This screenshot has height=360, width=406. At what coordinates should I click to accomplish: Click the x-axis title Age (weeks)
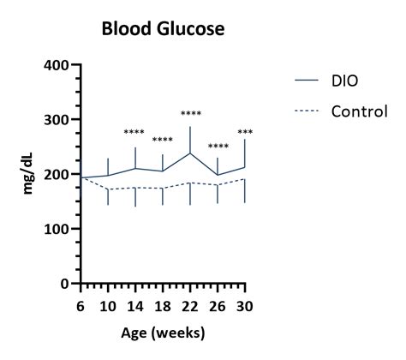tap(163, 332)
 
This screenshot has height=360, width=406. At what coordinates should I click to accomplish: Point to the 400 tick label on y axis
tap(57, 65)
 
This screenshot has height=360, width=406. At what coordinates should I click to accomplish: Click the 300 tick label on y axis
tap(57, 120)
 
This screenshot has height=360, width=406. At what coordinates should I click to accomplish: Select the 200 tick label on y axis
tap(57, 174)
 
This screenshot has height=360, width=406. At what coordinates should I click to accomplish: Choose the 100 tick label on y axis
tap(57, 229)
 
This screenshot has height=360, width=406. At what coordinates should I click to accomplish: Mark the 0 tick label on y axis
tap(65, 284)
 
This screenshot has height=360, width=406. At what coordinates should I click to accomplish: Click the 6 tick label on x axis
tap(81, 305)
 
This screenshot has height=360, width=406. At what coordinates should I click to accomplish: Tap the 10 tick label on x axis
tap(108, 305)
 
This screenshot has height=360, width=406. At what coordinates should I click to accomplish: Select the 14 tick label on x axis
tap(135, 305)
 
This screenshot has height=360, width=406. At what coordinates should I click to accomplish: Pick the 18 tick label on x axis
tap(163, 305)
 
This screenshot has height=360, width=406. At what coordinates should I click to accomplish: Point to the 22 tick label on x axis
tap(190, 305)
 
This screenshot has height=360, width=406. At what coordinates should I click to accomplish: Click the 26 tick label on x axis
tap(218, 305)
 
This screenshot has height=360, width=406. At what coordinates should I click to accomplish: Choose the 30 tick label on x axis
tap(245, 305)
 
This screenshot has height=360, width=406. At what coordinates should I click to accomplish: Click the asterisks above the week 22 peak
tap(190, 114)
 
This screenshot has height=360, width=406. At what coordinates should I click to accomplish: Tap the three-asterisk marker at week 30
tap(245, 133)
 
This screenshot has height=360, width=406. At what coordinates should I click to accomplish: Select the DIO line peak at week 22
tap(190, 153)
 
